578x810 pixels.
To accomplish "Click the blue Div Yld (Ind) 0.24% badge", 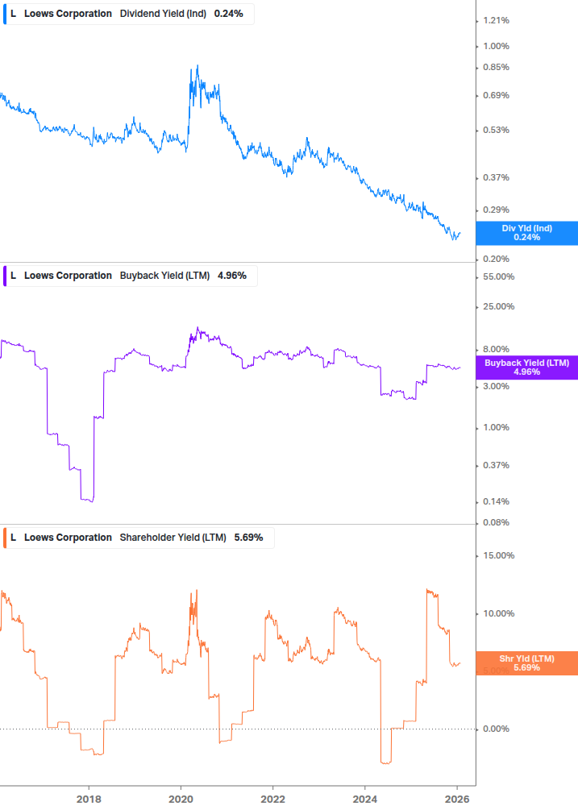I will (x=527, y=233).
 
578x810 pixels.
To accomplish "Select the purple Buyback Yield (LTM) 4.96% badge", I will (x=527, y=368).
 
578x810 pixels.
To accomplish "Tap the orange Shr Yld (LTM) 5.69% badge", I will (x=527, y=663).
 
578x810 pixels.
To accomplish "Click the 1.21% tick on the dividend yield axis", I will (x=496, y=20).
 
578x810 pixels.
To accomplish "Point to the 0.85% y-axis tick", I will (x=496, y=67).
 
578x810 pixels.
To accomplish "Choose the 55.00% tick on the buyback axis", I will (x=497, y=276).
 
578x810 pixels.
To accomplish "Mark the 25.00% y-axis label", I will (x=497, y=306).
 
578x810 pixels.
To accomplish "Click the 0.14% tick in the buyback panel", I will (x=496, y=501).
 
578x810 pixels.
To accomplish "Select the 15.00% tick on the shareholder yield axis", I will (x=497, y=555).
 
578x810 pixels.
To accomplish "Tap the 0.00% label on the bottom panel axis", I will (x=496, y=729).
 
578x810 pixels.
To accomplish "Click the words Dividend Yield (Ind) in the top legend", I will (x=163, y=14).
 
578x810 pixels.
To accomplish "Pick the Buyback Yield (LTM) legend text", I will (x=164, y=276).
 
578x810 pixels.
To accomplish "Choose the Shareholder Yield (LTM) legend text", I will (x=173, y=538).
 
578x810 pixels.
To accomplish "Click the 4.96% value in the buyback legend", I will (x=232, y=276).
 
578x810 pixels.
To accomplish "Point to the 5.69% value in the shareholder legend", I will (x=248, y=538).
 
